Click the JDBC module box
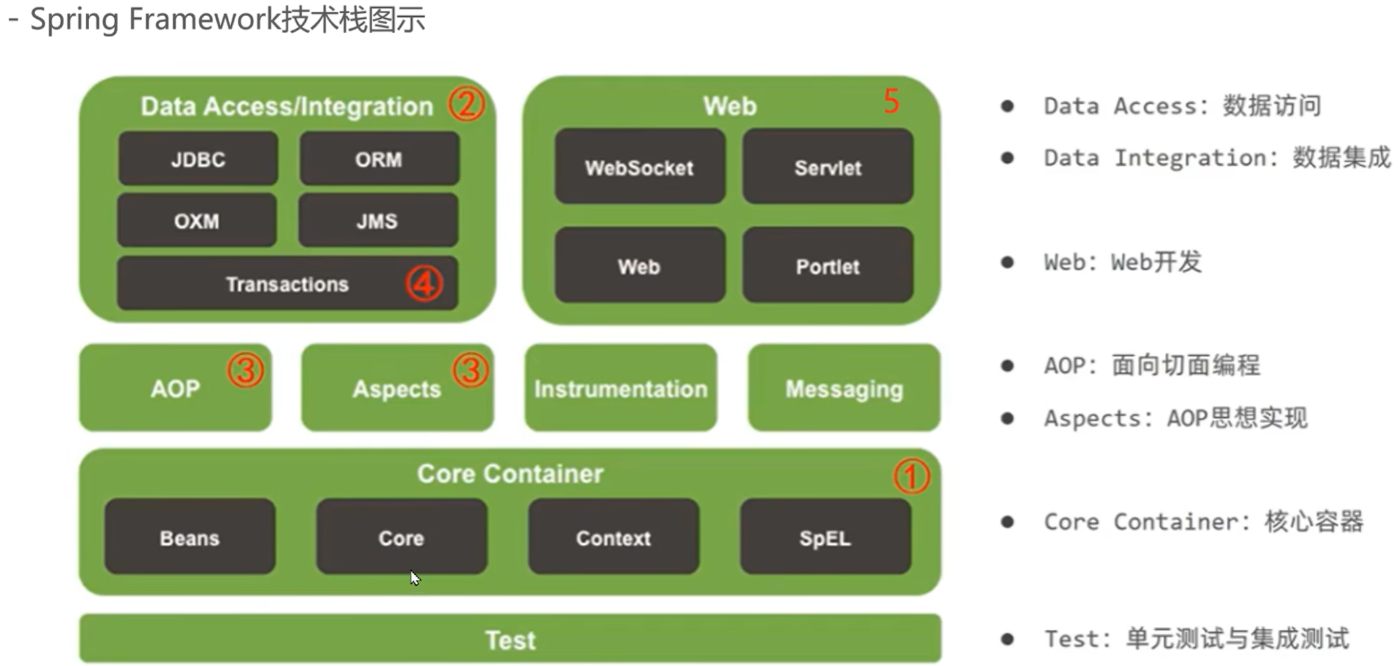point(197,159)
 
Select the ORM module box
point(379,159)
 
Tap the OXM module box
point(196,220)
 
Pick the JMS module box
point(377,220)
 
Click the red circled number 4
point(424,283)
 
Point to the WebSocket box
point(639,167)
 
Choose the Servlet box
point(827,167)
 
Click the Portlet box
point(827,266)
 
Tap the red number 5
point(891,102)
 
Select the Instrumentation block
point(621,388)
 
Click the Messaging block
point(844,388)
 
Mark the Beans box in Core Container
point(189,537)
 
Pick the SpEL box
point(825,537)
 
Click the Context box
point(613,537)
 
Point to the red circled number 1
point(911,477)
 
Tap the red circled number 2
point(466,104)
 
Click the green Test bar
point(510,638)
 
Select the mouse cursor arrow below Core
point(414,578)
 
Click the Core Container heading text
point(510,473)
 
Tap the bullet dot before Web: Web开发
point(1007,262)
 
